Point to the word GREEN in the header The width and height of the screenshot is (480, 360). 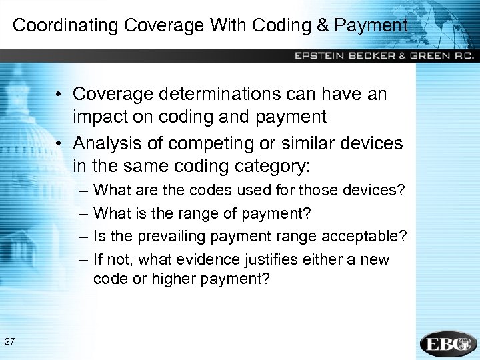[x=431, y=56]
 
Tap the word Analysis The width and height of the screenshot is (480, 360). [x=109, y=143]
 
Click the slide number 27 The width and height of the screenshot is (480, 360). [x=10, y=342]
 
